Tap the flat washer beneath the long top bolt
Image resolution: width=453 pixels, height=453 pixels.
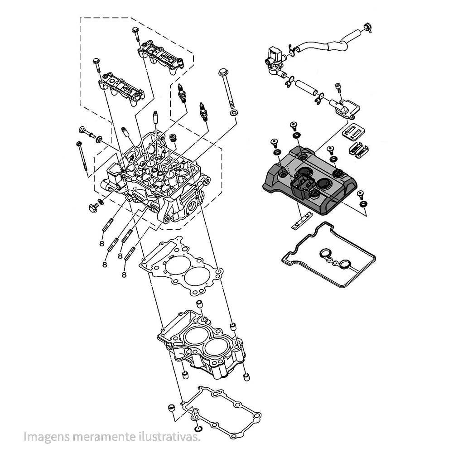233,112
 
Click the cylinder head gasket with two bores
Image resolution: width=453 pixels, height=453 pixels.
181,270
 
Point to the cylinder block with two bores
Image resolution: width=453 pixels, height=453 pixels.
202,344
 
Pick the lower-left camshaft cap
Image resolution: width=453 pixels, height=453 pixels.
121,88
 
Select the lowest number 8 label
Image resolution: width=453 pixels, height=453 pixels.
124,275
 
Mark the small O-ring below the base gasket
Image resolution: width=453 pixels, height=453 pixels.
198,429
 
